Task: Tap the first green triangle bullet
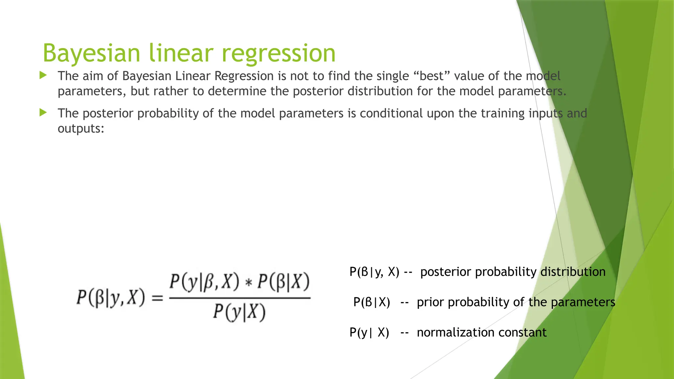point(43,76)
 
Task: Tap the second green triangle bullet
point(43,113)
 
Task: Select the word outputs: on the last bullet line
point(81,129)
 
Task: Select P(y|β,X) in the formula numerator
point(204,283)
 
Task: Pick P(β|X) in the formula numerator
point(283,283)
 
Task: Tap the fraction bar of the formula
point(240,298)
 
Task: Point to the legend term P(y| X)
point(369,333)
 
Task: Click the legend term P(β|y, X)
point(374,272)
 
